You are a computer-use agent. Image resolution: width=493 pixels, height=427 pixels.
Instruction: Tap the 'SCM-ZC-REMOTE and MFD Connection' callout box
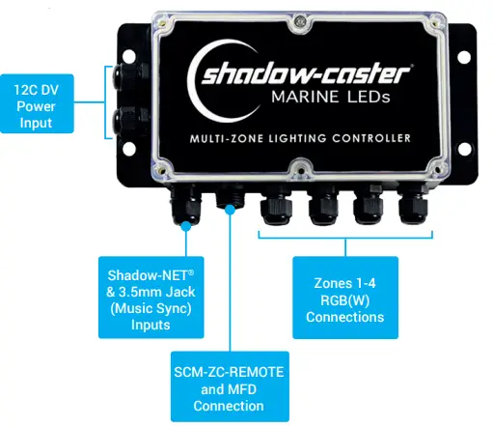tap(227, 385)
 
